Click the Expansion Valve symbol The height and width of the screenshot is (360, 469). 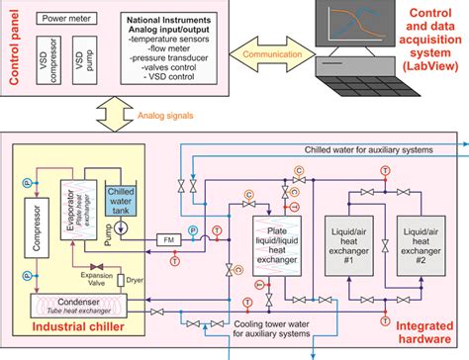tap(96, 268)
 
